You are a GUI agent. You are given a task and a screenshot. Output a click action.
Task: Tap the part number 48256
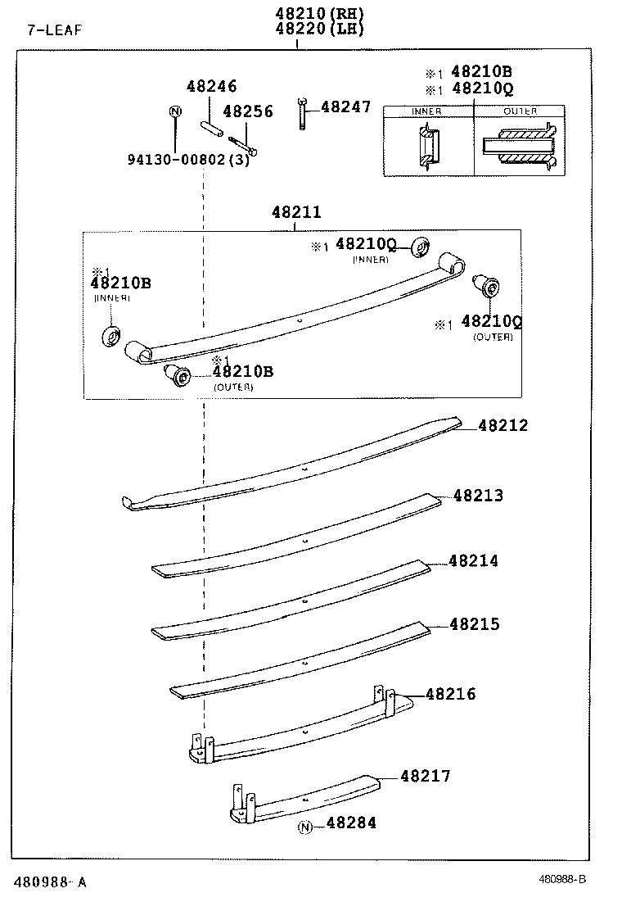pos(248,111)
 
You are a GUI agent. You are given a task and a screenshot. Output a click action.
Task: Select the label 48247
pos(345,107)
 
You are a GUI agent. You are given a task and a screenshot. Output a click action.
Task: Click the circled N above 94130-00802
pos(174,111)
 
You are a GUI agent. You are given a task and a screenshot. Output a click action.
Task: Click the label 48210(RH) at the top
pos(318,13)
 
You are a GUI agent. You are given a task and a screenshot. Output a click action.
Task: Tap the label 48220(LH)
pos(318,29)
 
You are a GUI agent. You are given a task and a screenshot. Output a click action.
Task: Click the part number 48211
pos(296,213)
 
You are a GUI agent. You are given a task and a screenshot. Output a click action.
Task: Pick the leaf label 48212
pos(503,426)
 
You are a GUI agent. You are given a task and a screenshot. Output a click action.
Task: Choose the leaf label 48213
pos(478,496)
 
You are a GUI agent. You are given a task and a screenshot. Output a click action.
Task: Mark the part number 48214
pos(473,561)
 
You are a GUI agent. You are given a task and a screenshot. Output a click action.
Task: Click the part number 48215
pos(474,624)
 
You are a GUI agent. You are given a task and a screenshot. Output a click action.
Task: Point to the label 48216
pos(450,695)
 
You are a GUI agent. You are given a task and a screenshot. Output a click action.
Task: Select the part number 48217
pos(426,776)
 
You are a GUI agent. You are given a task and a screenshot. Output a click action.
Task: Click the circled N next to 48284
pos(305,827)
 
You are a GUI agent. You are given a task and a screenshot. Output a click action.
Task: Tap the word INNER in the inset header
pos(426,111)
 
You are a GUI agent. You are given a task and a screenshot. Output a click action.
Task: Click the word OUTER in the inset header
pos(520,111)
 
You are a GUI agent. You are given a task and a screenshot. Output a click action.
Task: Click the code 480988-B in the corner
pos(562,880)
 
